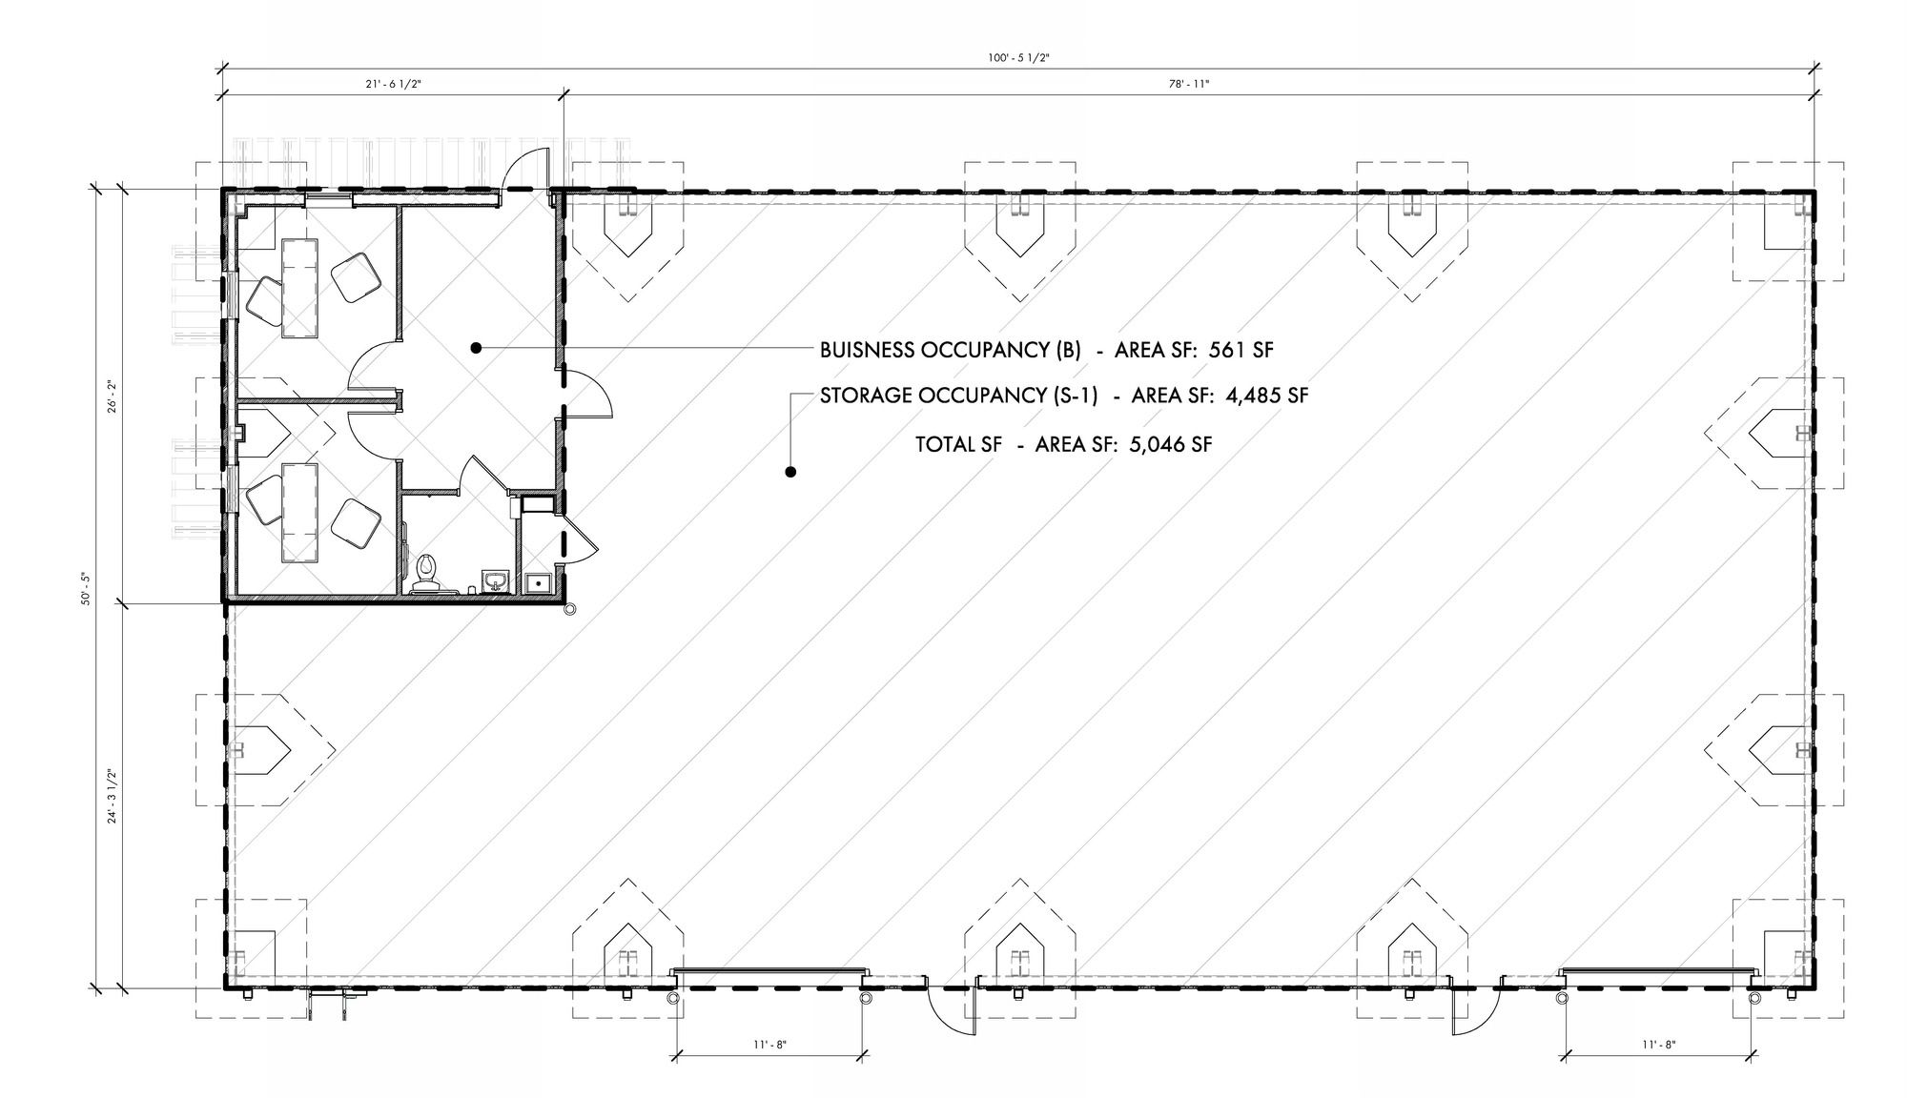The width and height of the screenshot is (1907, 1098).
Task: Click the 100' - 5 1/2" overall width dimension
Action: pos(1018,58)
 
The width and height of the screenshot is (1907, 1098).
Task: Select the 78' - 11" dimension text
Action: pos(1190,84)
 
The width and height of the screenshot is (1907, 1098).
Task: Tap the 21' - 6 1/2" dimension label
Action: pos(392,84)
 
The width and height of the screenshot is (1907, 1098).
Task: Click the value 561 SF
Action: pos(1241,350)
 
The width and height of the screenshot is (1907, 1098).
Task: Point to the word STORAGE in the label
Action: pos(865,395)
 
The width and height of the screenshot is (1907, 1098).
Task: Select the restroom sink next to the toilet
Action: pos(495,581)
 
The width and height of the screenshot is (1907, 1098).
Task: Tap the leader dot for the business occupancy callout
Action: pos(475,349)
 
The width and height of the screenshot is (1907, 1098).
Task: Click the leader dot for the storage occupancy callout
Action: pos(790,472)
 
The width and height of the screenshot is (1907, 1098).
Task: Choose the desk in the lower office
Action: pos(300,512)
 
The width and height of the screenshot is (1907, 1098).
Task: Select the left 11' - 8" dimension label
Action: pos(769,1045)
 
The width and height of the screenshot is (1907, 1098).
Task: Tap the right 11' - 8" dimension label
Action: pos(1659,1045)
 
